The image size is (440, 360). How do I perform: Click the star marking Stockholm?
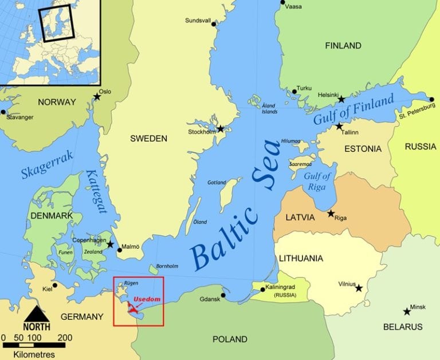pyautogui.click(x=220, y=129)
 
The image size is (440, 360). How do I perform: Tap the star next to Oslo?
pyautogui.click(x=97, y=97)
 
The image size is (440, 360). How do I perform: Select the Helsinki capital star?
pyautogui.click(x=341, y=99)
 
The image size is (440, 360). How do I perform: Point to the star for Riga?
pyautogui.click(x=331, y=213)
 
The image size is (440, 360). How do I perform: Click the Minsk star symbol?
pyautogui.click(x=407, y=311)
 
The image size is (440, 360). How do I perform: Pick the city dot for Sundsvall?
pyautogui.click(x=214, y=24)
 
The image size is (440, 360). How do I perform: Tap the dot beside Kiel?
pyautogui.click(x=55, y=285)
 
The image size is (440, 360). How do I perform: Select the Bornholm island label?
pyautogui.click(x=167, y=266)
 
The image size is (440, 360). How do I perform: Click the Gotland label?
pyautogui.click(x=217, y=182)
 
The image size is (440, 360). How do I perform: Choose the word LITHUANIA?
pyautogui.click(x=301, y=258)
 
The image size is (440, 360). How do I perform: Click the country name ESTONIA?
pyautogui.click(x=363, y=149)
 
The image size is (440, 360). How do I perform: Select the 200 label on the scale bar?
pyautogui.click(x=65, y=337)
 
